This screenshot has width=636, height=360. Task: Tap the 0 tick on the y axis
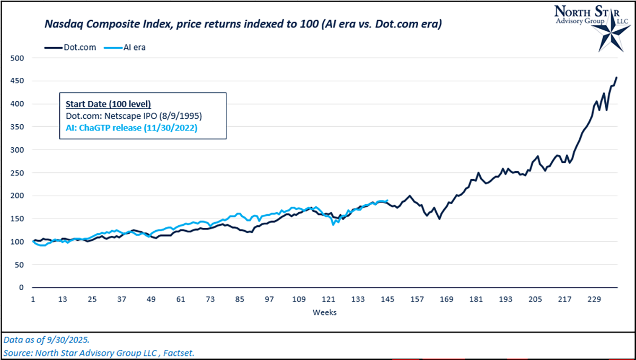21,287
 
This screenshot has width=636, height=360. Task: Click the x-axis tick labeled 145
387,300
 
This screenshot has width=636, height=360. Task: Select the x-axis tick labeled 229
594,300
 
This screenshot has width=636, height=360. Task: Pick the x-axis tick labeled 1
33,300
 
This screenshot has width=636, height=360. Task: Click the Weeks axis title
324,312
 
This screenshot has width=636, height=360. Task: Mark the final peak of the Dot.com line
616,77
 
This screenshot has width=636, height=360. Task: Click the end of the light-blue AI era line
387,200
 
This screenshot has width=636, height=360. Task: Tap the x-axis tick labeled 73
210,300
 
